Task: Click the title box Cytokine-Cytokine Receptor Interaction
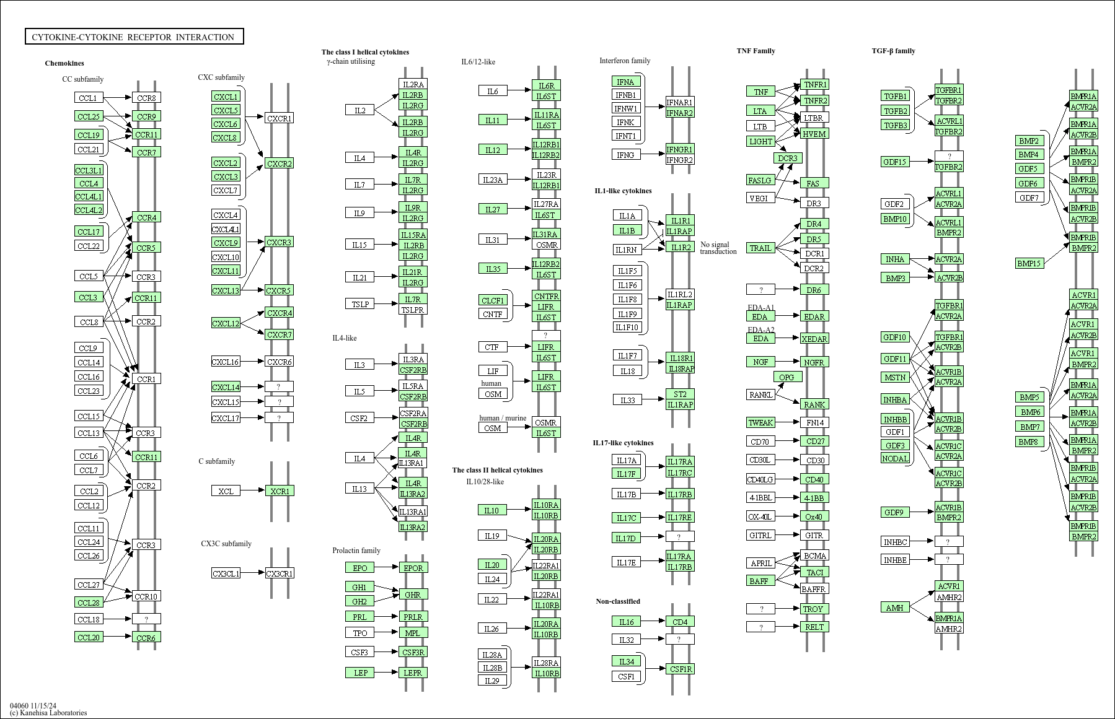pyautogui.click(x=134, y=37)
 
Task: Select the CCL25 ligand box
pyautogui.click(x=89, y=116)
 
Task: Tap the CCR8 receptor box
pyautogui.click(x=146, y=98)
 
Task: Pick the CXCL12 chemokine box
pyautogui.click(x=226, y=323)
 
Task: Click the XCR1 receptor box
pyautogui.click(x=280, y=491)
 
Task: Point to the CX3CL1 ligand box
pyautogui.click(x=226, y=573)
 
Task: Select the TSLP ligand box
pyautogui.click(x=360, y=304)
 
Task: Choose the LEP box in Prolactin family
pyautogui.click(x=360, y=673)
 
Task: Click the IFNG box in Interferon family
pyautogui.click(x=625, y=154)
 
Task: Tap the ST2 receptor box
pyautogui.click(x=680, y=394)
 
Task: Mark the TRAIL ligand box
pyautogui.click(x=760, y=248)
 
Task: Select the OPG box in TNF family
pyautogui.click(x=787, y=377)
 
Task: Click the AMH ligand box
pyautogui.click(x=895, y=608)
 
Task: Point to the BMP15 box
pyautogui.click(x=1029, y=263)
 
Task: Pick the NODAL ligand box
pyautogui.click(x=895, y=458)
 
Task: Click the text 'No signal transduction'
pyautogui.click(x=718, y=248)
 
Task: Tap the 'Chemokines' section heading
pyautogui.click(x=64, y=63)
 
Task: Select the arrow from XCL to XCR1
pyautogui.click(x=252, y=491)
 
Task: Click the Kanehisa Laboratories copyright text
pyautogui.click(x=48, y=713)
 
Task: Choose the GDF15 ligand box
pyautogui.click(x=895, y=162)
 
